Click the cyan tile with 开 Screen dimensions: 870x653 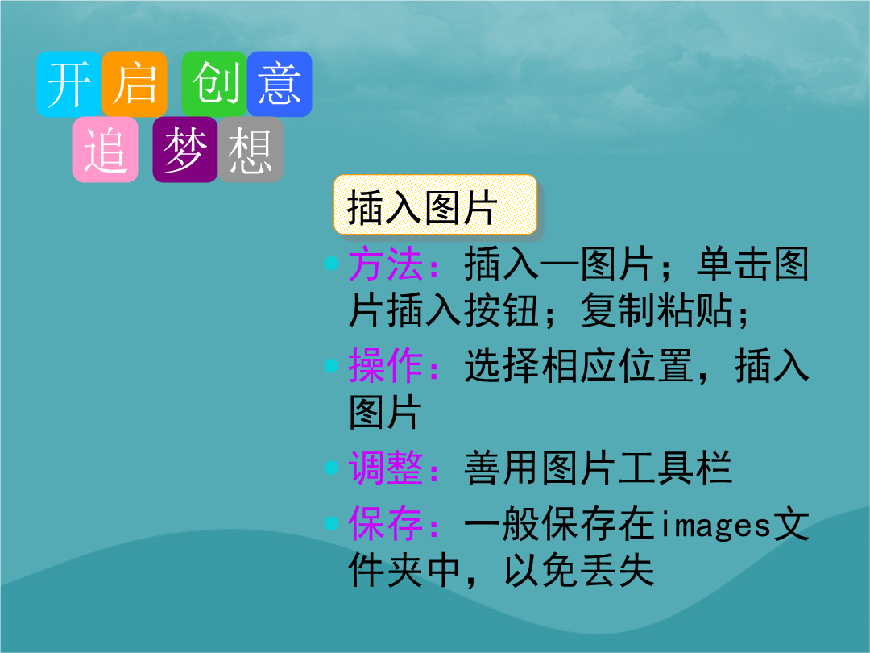click(x=69, y=84)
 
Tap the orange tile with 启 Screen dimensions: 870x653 click(x=135, y=84)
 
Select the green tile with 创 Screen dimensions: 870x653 click(x=214, y=84)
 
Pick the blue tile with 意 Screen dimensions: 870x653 click(x=280, y=84)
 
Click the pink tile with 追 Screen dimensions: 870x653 click(x=106, y=149)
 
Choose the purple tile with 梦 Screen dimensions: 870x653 click(x=185, y=149)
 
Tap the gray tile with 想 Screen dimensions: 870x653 click(x=251, y=149)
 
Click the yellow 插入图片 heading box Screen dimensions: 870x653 click(x=436, y=205)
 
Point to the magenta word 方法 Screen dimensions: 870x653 click(x=386, y=264)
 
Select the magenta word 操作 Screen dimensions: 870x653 click(x=386, y=366)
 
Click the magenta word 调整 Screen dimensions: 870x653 click(x=386, y=468)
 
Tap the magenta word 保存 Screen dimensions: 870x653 click(x=386, y=524)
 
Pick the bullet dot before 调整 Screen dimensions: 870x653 click(x=331, y=468)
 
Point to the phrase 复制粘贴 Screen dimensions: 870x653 click(x=657, y=310)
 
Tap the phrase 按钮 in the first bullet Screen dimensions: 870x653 click(x=502, y=310)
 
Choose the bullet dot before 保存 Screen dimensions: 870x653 click(x=331, y=523)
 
